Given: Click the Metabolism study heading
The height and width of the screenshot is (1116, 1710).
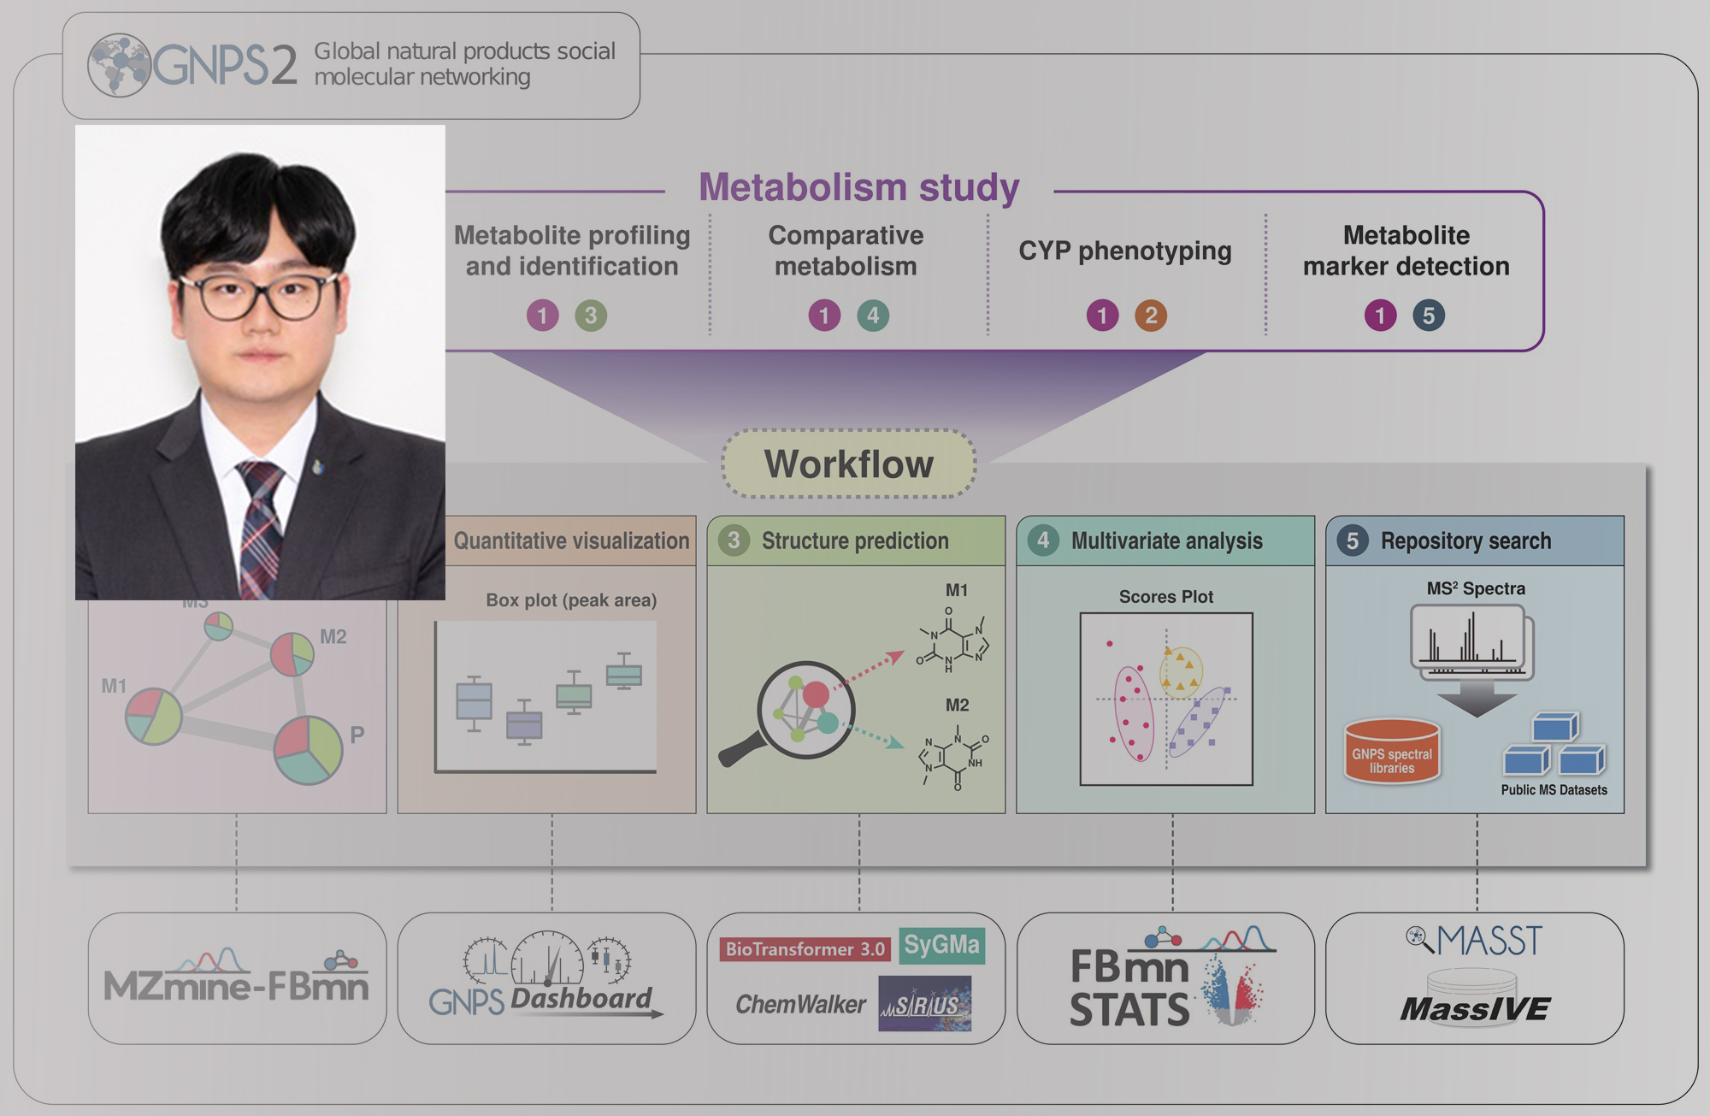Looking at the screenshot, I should coord(858,187).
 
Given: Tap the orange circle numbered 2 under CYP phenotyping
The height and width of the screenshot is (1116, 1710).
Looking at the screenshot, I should coord(1150,316).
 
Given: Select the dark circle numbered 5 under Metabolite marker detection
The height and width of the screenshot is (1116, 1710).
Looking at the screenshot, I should coord(1428,316).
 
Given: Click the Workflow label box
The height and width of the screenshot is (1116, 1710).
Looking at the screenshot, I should coord(848,464).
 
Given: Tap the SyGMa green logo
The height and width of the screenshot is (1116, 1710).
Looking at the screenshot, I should coord(941,946).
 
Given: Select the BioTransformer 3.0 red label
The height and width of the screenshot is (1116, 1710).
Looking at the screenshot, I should coord(805,949).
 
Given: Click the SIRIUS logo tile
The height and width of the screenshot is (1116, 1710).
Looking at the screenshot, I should coord(924,1004).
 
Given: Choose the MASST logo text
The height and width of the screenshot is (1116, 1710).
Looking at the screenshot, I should coord(1488,942).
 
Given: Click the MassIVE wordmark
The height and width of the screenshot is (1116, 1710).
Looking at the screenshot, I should coord(1474,1010).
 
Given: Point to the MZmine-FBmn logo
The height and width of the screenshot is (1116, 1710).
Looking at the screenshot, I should coord(236,979).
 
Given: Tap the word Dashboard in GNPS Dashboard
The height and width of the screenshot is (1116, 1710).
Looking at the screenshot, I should coord(581,999).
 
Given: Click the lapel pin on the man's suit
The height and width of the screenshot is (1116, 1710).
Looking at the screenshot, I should coord(319,467).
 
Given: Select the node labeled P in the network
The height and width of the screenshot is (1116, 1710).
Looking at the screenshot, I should coord(308,750).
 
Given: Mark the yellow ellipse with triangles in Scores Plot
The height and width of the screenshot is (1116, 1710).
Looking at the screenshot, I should coord(1181,670).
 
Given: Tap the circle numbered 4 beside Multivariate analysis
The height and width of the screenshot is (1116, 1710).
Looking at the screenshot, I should coord(1042,540).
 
